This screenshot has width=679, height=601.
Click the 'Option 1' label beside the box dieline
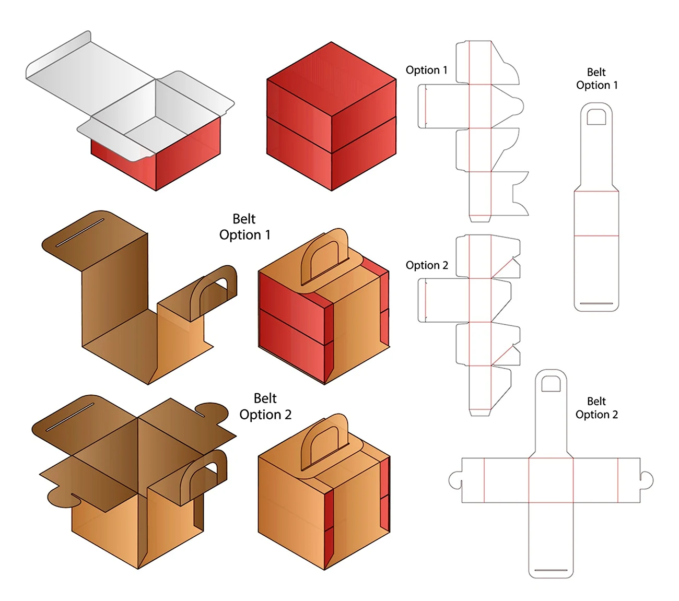pos(426,70)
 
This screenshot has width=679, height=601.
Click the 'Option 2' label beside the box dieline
pos(427,265)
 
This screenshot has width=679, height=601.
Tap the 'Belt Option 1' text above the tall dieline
pos(596,79)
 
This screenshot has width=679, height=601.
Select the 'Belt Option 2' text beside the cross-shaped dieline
pos(596,408)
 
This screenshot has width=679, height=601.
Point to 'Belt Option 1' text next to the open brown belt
pos(244,227)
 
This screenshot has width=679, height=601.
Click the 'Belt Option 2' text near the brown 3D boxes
pos(265,407)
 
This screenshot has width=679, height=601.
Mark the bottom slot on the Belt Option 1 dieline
pos(596,303)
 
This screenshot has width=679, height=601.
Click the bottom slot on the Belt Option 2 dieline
pos(551,570)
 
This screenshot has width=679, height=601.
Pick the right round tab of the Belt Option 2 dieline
pos(647,480)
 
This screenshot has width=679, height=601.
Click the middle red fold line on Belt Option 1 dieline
pos(596,236)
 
